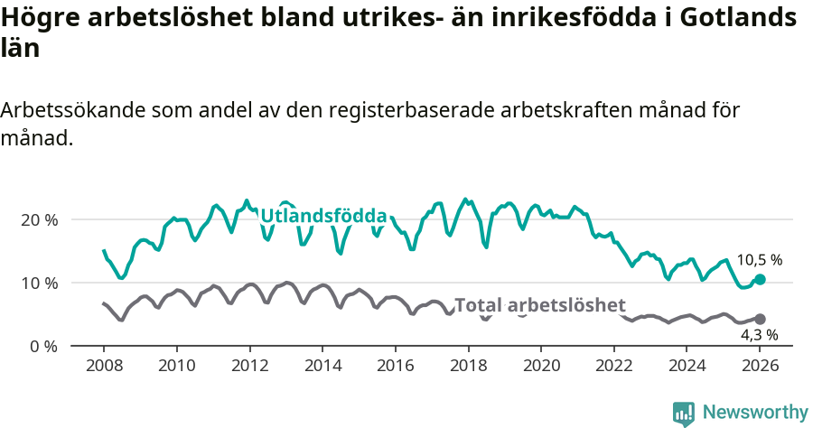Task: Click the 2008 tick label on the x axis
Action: point(104,366)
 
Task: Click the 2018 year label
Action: point(469,366)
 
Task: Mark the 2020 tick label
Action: point(542,366)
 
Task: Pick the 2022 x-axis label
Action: point(615,366)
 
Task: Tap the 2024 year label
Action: point(688,366)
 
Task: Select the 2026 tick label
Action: point(761,366)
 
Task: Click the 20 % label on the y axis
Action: point(39,220)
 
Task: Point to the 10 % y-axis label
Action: point(39,284)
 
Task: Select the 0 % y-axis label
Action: point(42,347)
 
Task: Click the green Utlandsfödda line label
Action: point(323,217)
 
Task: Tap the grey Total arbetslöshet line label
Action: point(539,305)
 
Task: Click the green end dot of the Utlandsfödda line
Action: point(761,280)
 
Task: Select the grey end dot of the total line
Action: point(761,319)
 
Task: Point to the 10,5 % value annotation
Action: point(759,260)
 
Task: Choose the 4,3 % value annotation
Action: point(759,335)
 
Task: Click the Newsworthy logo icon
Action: point(684,413)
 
